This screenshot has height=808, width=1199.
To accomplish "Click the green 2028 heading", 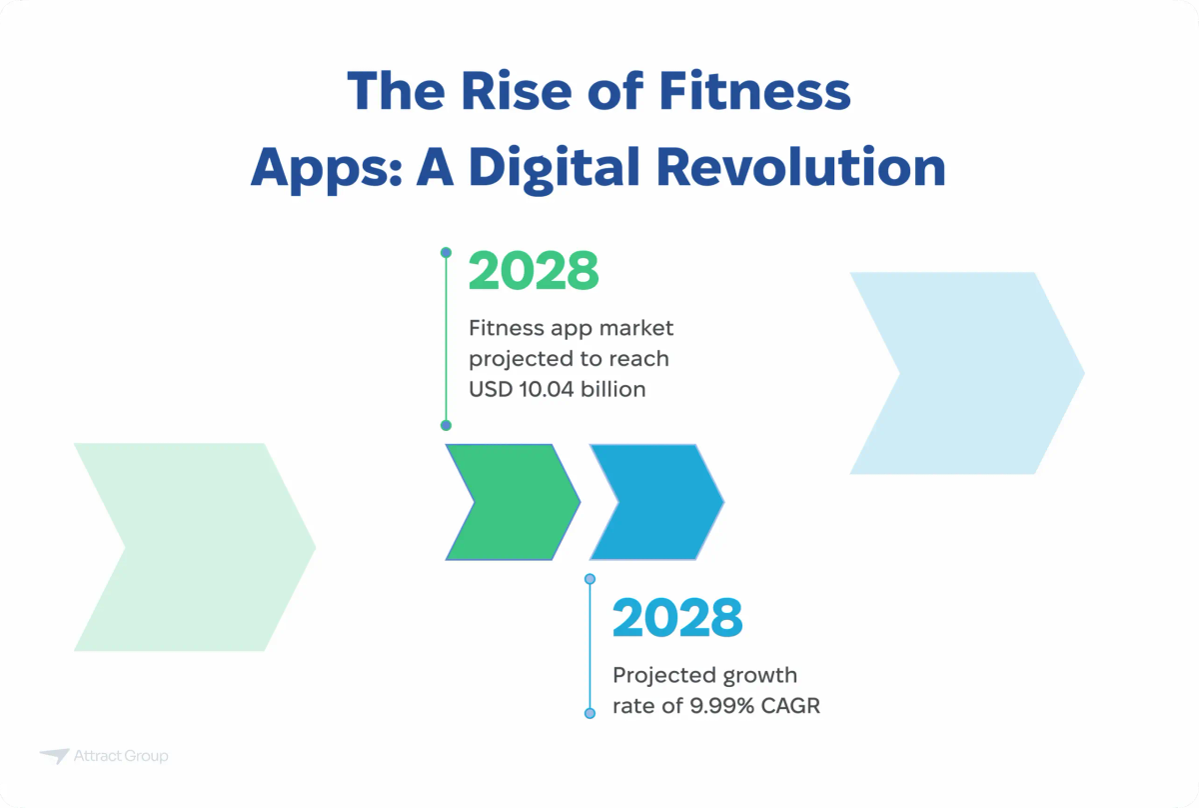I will [534, 271].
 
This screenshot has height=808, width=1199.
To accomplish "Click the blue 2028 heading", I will [677, 618].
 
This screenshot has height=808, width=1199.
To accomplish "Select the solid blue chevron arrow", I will [655, 501].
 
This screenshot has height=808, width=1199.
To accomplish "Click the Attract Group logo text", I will [121, 756].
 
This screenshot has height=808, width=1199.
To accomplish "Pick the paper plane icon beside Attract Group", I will [54, 756].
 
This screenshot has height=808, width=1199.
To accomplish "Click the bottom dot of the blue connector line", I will [590, 713].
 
